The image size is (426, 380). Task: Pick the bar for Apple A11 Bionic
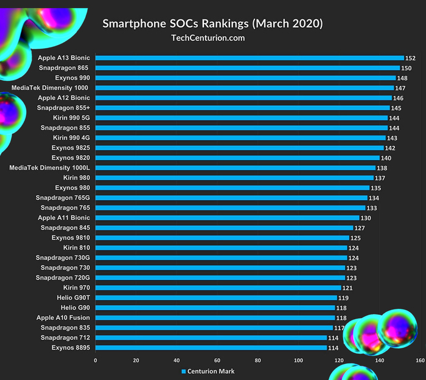click(x=228, y=218)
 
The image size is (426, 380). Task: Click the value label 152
click(x=410, y=58)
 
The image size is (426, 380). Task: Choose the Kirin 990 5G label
click(x=71, y=118)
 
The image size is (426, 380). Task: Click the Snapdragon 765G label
click(x=63, y=198)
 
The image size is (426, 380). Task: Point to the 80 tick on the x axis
click(x=257, y=361)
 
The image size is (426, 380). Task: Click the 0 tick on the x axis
click(x=96, y=361)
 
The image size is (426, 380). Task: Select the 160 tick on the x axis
click(x=419, y=361)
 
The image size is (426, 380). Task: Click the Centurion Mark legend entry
click(x=208, y=371)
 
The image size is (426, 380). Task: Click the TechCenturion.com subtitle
click(x=209, y=38)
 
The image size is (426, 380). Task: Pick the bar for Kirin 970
click(x=218, y=288)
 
